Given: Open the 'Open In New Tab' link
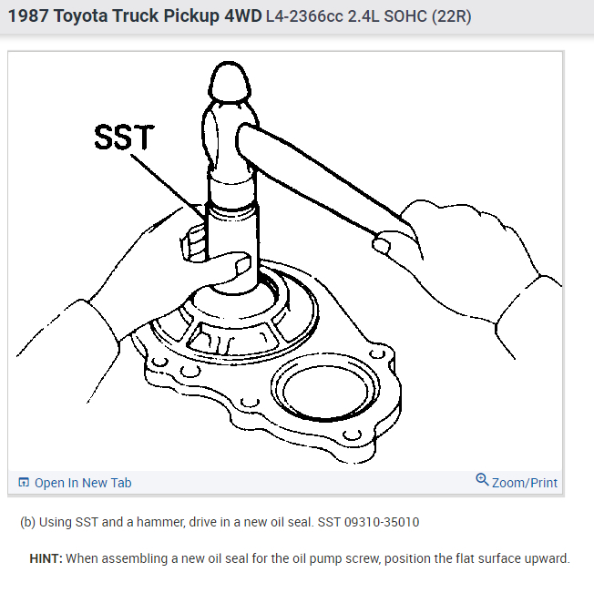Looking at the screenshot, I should [x=82, y=483].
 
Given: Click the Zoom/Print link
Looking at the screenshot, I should [x=524, y=483].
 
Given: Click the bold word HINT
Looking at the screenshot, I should [x=46, y=558].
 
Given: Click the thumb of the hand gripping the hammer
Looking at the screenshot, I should [x=383, y=243].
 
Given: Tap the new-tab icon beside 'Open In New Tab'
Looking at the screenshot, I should [x=24, y=483].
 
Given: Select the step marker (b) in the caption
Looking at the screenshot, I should [x=28, y=523].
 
